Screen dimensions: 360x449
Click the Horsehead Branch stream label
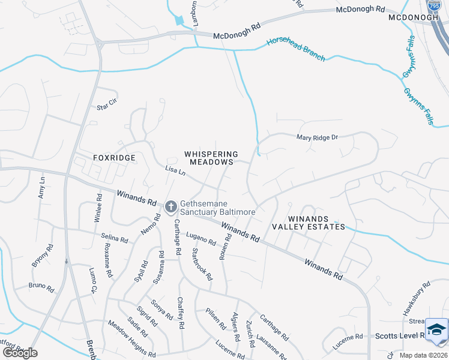tap(296, 49)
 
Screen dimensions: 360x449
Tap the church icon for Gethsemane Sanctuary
tap(170, 207)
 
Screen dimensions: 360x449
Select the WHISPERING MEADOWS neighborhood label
tap(210, 158)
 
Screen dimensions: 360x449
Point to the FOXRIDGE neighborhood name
tap(114, 157)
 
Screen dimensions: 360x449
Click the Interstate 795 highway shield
tap(435, 5)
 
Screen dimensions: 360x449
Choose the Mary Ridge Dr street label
tap(318, 137)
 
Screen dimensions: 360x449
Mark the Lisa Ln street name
tap(175, 172)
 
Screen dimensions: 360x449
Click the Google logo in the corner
tap(20, 353)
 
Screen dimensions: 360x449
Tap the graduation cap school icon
tap(436, 329)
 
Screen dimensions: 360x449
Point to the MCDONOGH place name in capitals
tap(414, 17)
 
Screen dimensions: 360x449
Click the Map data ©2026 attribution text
tap(423, 355)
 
